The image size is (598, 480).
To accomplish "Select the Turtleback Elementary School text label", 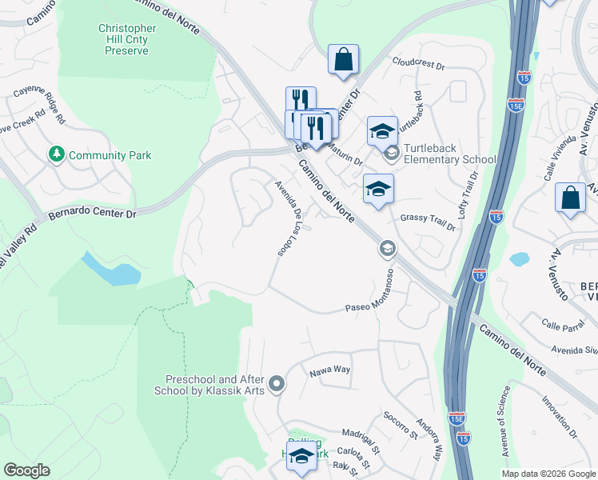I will tap(450, 154).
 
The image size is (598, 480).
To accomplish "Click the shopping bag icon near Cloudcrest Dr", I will tap(343, 58).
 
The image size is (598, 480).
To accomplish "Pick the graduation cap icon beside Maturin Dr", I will tap(382, 129).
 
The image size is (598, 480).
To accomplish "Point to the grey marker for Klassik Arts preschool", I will tap(277, 385).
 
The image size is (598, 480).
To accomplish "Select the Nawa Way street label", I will tap(329, 370).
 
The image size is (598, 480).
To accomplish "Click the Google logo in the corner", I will tap(26, 470).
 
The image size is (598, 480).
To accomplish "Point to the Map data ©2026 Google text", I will tap(548, 474).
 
